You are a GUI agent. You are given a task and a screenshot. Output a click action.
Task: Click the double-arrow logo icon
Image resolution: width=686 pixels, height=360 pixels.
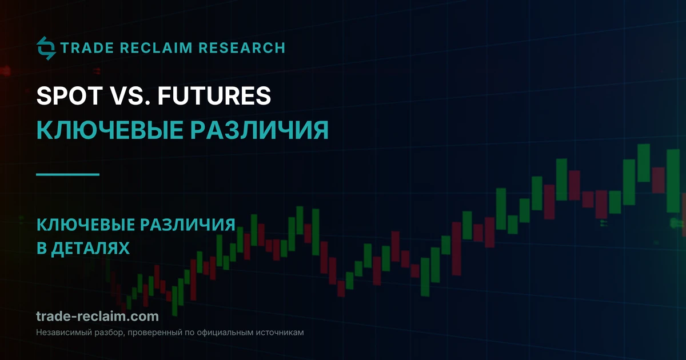pos(46,48)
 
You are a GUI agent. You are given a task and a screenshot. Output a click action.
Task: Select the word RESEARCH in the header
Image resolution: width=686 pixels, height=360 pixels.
pos(242,48)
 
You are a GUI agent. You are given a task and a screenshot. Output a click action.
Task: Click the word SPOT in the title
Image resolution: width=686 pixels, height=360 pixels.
pos(70,95)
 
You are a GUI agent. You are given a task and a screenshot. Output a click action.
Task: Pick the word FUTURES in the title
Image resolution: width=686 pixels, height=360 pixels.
pos(214,95)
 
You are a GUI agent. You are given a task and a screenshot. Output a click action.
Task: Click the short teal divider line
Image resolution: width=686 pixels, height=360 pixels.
pos(67,174)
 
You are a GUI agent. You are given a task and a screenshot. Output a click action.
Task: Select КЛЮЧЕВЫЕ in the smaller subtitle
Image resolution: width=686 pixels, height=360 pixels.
pos(86,225)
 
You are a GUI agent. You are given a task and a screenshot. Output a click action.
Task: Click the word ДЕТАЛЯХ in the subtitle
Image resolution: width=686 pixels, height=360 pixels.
pos(90,248)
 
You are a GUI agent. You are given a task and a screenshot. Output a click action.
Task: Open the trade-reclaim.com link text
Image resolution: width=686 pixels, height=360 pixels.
pos(97,316)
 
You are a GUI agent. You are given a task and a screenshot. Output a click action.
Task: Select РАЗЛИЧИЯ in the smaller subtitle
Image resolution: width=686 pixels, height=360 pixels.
pos(188,225)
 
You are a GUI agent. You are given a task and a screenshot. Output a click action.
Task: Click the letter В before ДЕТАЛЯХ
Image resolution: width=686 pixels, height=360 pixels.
pos(41,248)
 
